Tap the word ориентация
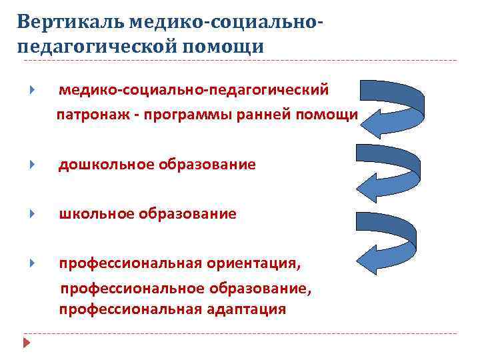257,263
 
